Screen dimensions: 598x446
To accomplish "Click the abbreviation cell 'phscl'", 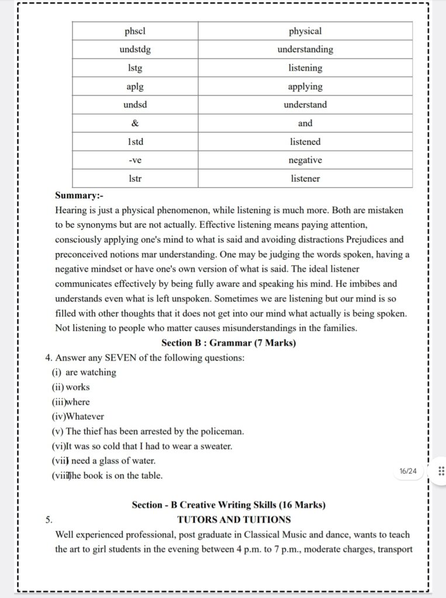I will point(135,31).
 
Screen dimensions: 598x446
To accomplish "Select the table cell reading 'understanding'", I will point(305,50).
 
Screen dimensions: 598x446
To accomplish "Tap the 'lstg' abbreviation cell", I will point(135,68).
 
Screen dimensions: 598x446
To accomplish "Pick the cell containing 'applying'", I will point(305,86).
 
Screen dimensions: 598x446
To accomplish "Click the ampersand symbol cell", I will point(135,123).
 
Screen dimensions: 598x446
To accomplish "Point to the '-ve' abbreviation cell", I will point(135,160).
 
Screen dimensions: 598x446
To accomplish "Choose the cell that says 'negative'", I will point(305,160).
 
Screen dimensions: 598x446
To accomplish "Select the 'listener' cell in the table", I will point(305,179).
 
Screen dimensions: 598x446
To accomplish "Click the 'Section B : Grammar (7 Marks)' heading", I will point(229,343).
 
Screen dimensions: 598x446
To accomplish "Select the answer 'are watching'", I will point(91,372).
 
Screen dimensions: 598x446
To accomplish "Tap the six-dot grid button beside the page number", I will point(441,471).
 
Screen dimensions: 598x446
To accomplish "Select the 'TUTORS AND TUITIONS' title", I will point(234,519).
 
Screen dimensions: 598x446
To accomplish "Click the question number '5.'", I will point(49,519).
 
